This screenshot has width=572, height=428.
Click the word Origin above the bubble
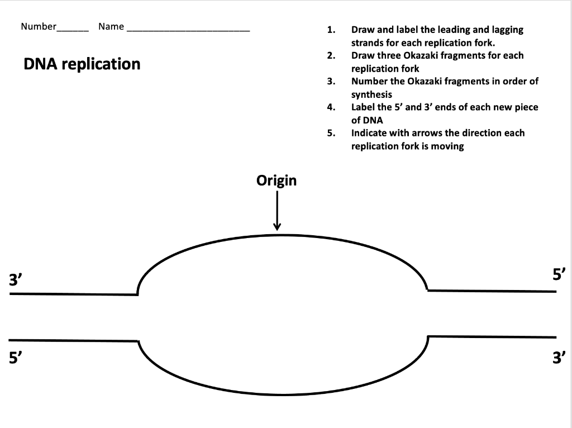pyautogui.click(x=277, y=181)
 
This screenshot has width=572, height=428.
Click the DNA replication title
pyautogui.click(x=82, y=64)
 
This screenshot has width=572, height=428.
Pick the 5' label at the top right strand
pyautogui.click(x=559, y=274)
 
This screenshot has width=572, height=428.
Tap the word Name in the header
pyautogui.click(x=111, y=26)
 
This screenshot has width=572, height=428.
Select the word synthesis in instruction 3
pyautogui.click(x=371, y=94)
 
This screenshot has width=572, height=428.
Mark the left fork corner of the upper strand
pyautogui.click(x=137, y=294)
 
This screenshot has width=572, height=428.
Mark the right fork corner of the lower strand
pyautogui.click(x=427, y=336)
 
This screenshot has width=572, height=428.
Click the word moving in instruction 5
pyautogui.click(x=446, y=146)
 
